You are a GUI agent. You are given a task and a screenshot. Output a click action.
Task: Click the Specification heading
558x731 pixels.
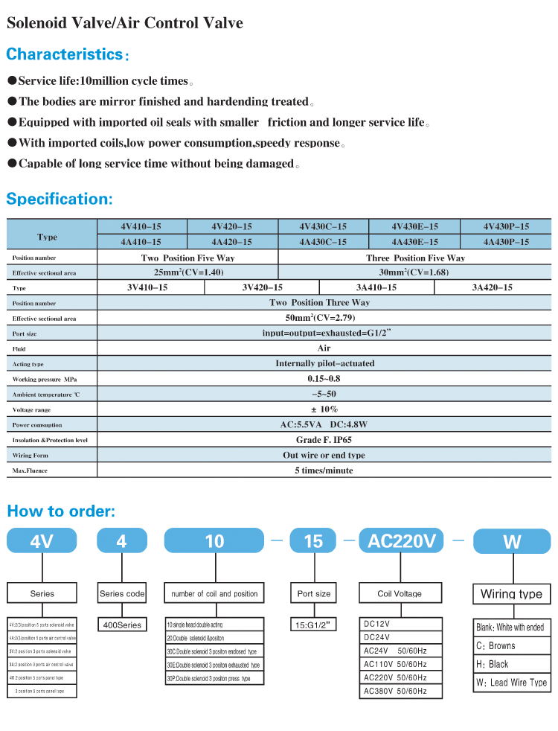coord(60,199)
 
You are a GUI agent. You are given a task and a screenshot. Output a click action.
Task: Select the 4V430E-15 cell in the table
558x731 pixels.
coord(415,226)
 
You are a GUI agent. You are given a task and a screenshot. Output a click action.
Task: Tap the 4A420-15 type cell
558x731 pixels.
coord(231,242)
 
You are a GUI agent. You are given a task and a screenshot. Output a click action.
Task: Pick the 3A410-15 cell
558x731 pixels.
coord(376,287)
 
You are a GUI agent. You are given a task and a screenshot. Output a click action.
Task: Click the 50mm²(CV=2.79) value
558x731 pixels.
coord(324,318)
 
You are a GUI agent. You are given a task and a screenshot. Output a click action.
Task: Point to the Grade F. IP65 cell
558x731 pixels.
coord(324,440)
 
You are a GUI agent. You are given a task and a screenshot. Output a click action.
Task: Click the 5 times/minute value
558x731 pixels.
coord(324,470)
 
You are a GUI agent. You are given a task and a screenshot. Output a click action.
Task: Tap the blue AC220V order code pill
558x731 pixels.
coord(402,541)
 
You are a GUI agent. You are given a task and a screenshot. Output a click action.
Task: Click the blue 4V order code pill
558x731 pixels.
coord(42,541)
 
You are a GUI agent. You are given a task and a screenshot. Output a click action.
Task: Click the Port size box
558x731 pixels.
coord(314,593)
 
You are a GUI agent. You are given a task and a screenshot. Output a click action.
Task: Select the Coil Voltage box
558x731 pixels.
coord(400,593)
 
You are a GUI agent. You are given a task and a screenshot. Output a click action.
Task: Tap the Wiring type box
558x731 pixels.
coord(511,594)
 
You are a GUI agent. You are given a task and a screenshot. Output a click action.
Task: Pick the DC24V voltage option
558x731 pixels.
coord(377,637)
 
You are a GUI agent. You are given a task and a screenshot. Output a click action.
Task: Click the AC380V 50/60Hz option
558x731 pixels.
coord(395,691)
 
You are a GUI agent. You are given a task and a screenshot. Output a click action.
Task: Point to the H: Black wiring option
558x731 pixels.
coord(493,664)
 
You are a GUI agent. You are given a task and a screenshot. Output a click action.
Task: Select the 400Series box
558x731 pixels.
coord(121,625)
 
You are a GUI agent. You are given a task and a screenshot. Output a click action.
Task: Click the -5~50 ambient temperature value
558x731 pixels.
coord(324,394)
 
